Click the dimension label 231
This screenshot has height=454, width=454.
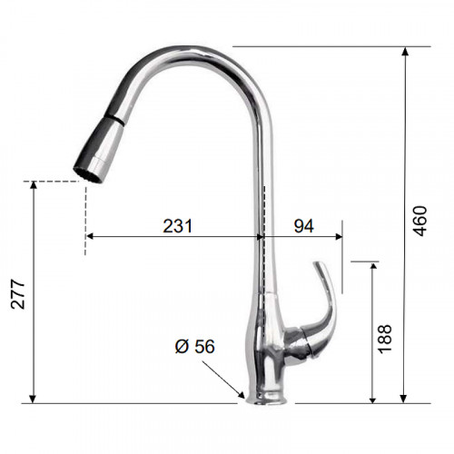[x=177, y=226]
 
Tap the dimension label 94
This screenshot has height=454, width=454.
[x=304, y=226]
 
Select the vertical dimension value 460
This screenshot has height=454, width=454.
[x=420, y=221]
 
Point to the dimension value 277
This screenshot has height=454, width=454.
[x=17, y=294]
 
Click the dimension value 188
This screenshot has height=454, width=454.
[x=385, y=339]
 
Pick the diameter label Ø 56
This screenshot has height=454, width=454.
[x=195, y=347]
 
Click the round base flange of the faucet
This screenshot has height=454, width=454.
[x=266, y=398]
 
